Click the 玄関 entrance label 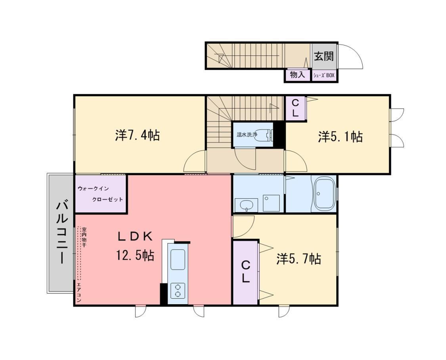click(323, 56)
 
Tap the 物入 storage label click(297, 75)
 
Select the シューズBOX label click(324, 76)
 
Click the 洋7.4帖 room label click(138, 135)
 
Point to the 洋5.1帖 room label click(341, 136)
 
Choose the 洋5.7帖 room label click(299, 259)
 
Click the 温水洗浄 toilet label click(247, 134)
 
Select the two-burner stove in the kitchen click(178, 291)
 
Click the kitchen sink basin click(178, 260)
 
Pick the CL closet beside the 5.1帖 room click(295, 108)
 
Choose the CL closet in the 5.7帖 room click(246, 272)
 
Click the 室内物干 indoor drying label click(84, 237)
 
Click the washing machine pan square click(271, 203)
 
